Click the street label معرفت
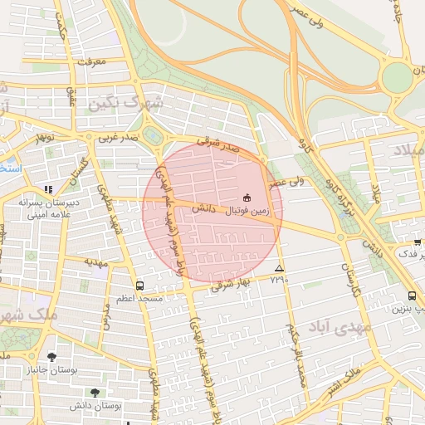91,61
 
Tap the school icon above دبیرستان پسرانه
48,189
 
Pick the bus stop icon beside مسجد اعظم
139,285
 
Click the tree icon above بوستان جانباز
52,357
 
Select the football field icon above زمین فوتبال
247,197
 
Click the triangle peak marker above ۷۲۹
279,268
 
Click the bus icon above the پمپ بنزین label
413,296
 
